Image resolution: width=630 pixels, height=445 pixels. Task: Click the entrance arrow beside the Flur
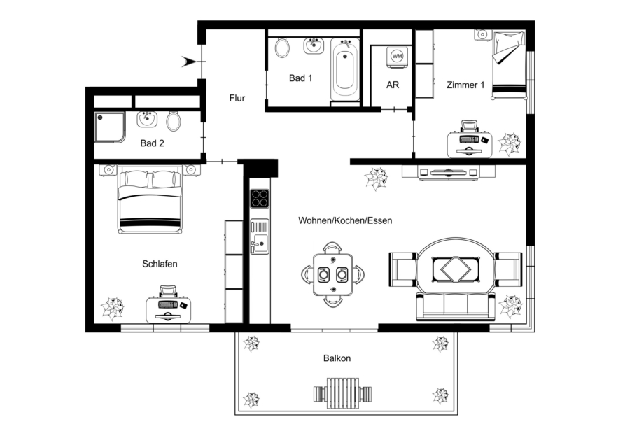(x=189, y=62)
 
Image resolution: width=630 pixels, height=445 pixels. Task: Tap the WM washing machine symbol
(x=397, y=56)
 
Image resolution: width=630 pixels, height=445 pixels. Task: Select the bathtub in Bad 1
(x=345, y=70)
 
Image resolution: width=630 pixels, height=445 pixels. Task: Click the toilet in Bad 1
(x=283, y=48)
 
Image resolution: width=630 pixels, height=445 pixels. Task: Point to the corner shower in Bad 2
(x=110, y=127)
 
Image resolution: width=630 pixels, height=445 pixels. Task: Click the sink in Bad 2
(x=147, y=119)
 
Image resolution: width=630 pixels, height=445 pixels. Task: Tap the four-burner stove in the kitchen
(x=260, y=199)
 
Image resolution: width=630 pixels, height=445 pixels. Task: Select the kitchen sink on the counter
(x=260, y=237)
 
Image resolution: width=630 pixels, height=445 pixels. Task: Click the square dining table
(x=332, y=275)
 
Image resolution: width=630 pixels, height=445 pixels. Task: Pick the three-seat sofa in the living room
(x=456, y=306)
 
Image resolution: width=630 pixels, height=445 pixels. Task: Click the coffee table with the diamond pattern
(x=456, y=269)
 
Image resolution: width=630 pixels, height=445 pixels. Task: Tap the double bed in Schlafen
(x=150, y=199)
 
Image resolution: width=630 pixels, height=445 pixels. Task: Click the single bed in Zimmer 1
(x=510, y=64)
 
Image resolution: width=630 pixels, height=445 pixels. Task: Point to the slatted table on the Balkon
(x=342, y=390)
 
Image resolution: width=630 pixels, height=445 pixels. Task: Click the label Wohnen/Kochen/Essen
(x=345, y=220)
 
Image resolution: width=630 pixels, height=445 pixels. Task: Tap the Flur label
(x=237, y=98)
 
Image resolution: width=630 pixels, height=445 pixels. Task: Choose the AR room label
(x=393, y=85)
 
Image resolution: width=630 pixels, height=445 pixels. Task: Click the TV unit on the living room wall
(x=449, y=172)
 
